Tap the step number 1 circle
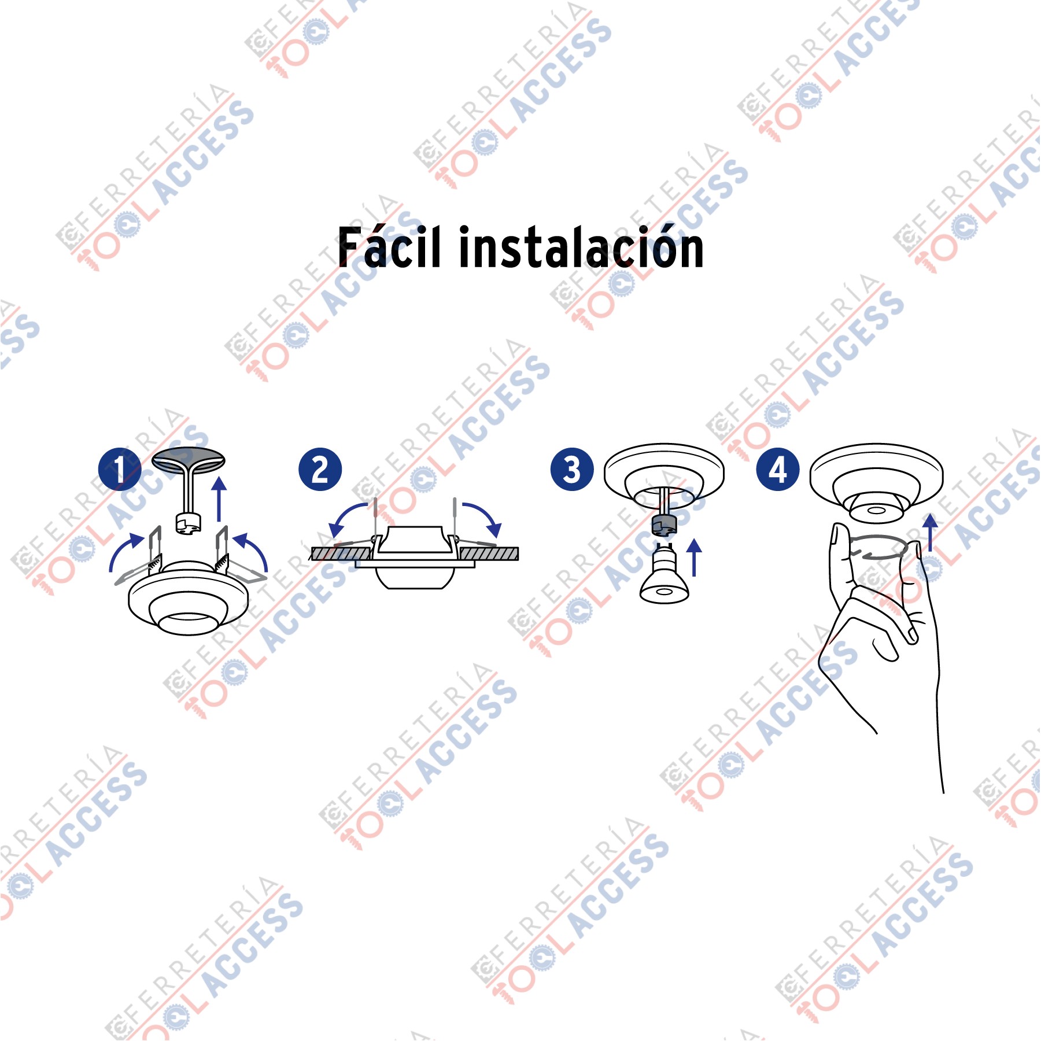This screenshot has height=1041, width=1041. (x=120, y=469)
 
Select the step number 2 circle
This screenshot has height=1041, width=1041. (x=320, y=469)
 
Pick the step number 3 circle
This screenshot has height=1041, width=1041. (x=572, y=469)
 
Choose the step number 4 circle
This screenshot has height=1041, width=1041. (x=778, y=469)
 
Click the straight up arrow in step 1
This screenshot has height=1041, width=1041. (x=219, y=499)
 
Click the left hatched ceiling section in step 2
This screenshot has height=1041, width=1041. (x=341, y=553)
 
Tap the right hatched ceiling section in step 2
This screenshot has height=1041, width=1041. (x=489, y=553)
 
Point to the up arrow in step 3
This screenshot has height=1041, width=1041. (x=694, y=558)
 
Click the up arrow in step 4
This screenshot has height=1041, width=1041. (x=930, y=533)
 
